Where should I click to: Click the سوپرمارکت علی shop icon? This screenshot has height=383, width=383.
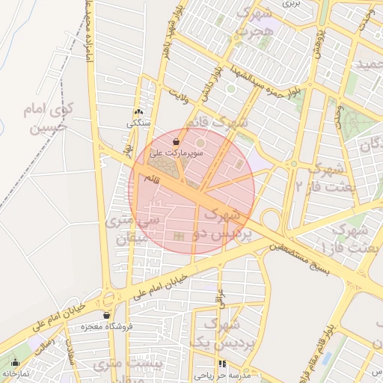(x=176, y=141)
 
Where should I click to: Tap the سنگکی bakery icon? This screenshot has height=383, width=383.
(x=138, y=111)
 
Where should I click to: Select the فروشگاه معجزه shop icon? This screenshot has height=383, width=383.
(x=107, y=315)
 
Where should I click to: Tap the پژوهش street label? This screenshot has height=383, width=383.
(x=318, y=45)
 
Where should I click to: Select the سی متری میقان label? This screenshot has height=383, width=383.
(x=132, y=230)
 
